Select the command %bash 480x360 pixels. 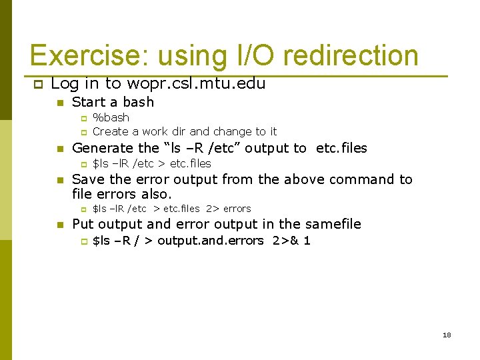(x=111, y=117)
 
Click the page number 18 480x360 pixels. (x=447, y=335)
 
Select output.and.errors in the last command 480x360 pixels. (x=211, y=241)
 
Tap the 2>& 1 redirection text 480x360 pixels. (x=291, y=241)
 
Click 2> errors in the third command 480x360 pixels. (x=228, y=209)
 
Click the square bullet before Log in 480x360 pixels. (x=37, y=84)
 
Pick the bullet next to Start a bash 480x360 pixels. (x=60, y=103)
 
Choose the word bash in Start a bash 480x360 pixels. (x=138, y=102)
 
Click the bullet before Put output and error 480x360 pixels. (x=60, y=225)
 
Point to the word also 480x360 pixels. (x=156, y=195)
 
